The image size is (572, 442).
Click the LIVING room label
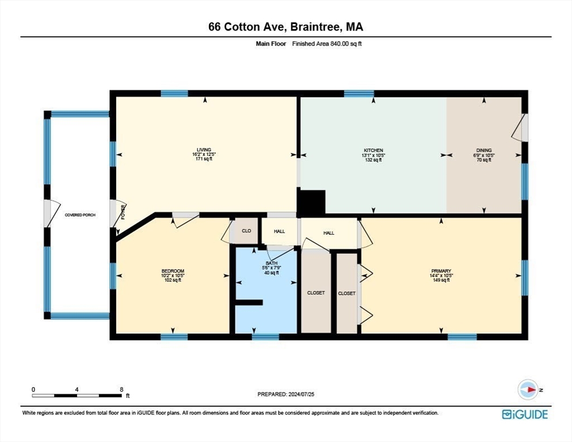point(204,150)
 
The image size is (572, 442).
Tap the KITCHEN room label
point(373,150)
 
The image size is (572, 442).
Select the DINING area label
point(484,150)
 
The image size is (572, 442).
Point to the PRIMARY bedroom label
point(441,271)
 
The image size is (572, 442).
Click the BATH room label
point(272,263)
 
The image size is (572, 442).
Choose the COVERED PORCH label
point(80,215)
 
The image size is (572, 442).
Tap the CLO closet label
point(246,231)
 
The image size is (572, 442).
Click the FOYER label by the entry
point(123,212)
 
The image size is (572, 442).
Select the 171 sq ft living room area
point(204,159)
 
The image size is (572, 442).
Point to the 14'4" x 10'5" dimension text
point(441,276)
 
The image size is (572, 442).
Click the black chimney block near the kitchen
point(311,202)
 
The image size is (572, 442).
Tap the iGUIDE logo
point(525,414)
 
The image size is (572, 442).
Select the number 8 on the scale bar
point(121,390)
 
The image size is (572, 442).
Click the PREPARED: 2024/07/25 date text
point(285,394)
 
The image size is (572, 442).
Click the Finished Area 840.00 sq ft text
point(327,44)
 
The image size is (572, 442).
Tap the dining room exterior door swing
point(517,128)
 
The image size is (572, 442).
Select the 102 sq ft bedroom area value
point(173,280)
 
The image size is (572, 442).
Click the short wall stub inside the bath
point(249,302)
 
